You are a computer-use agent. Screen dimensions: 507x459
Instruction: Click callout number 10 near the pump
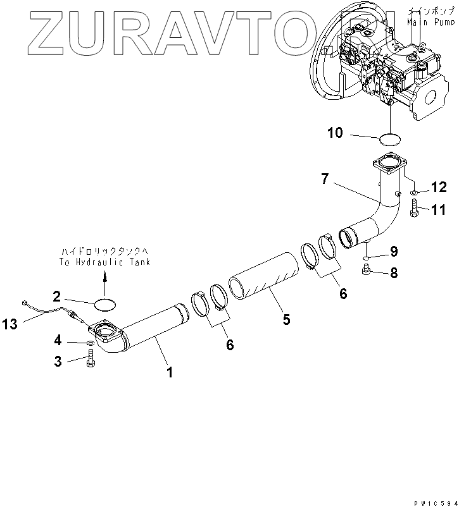[x=335, y=133]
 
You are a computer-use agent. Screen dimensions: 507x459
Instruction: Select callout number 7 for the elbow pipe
[x=325, y=180]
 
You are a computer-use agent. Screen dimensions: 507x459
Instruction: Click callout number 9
[x=393, y=252]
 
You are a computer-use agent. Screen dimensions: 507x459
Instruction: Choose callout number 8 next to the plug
[x=393, y=274]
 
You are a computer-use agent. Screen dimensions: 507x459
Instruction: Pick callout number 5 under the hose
[x=286, y=319]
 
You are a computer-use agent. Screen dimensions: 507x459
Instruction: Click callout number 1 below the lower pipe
[x=169, y=372]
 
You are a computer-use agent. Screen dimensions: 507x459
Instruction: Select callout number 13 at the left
[x=10, y=324]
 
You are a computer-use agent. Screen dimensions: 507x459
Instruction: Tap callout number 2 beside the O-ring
[x=57, y=296]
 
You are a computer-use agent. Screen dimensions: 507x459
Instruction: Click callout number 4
[x=58, y=341]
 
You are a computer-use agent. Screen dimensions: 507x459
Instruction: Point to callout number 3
[x=58, y=362]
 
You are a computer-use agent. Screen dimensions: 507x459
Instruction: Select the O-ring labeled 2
[x=105, y=304]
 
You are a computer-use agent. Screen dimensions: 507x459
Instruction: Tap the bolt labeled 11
[x=414, y=208]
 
